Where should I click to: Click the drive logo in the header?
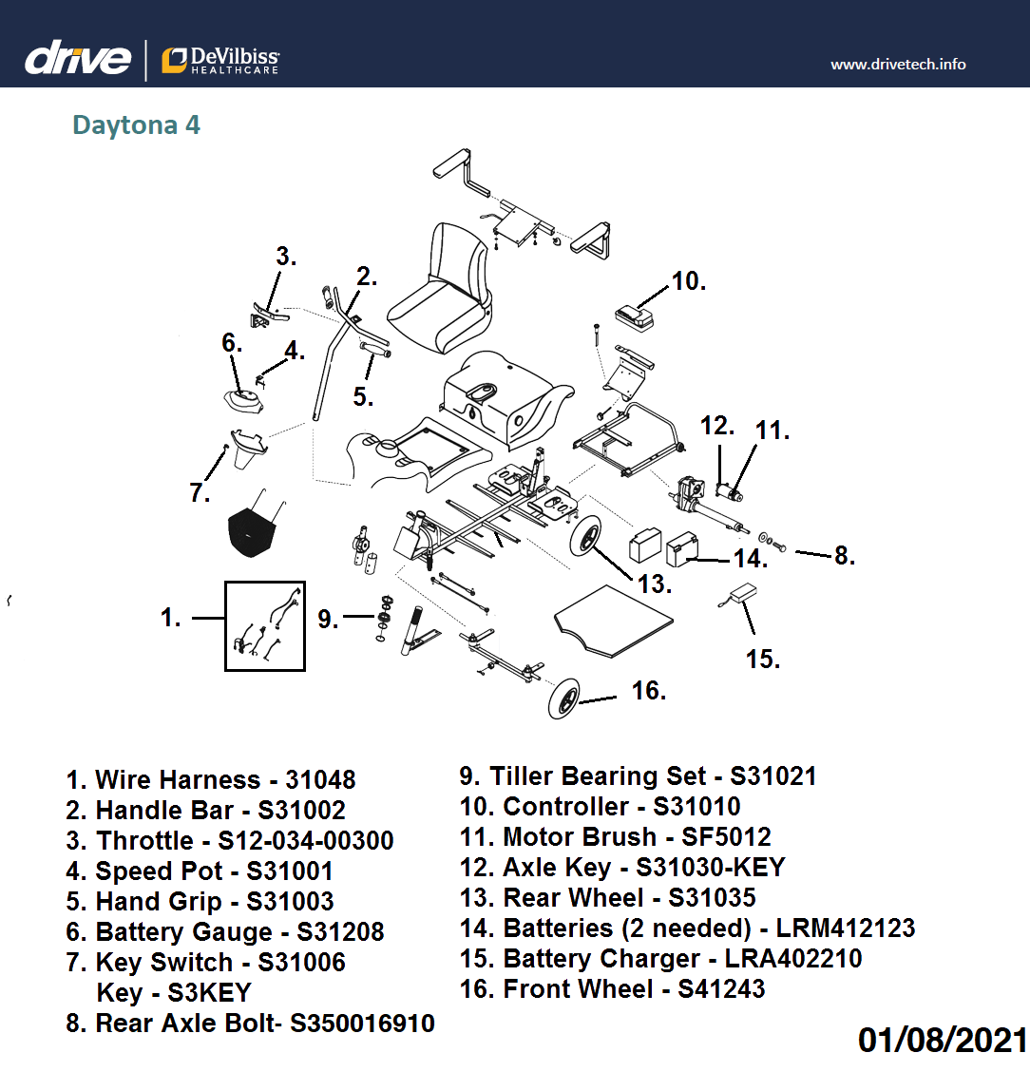pyautogui.click(x=78, y=59)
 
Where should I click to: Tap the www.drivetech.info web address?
pyautogui.click(x=898, y=65)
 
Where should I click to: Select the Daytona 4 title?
pyautogui.click(x=136, y=125)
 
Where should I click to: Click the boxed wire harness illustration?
pyautogui.click(x=265, y=626)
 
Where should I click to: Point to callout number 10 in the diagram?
pyautogui.click(x=688, y=281)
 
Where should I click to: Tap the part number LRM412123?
pyautogui.click(x=846, y=928)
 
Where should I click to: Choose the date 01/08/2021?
pyautogui.click(x=943, y=1039)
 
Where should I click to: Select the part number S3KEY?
pyautogui.click(x=209, y=993)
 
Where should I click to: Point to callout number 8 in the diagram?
pyautogui.click(x=844, y=556)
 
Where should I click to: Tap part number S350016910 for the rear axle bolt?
pyautogui.click(x=362, y=1024)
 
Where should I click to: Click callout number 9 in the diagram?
pyautogui.click(x=328, y=620)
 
